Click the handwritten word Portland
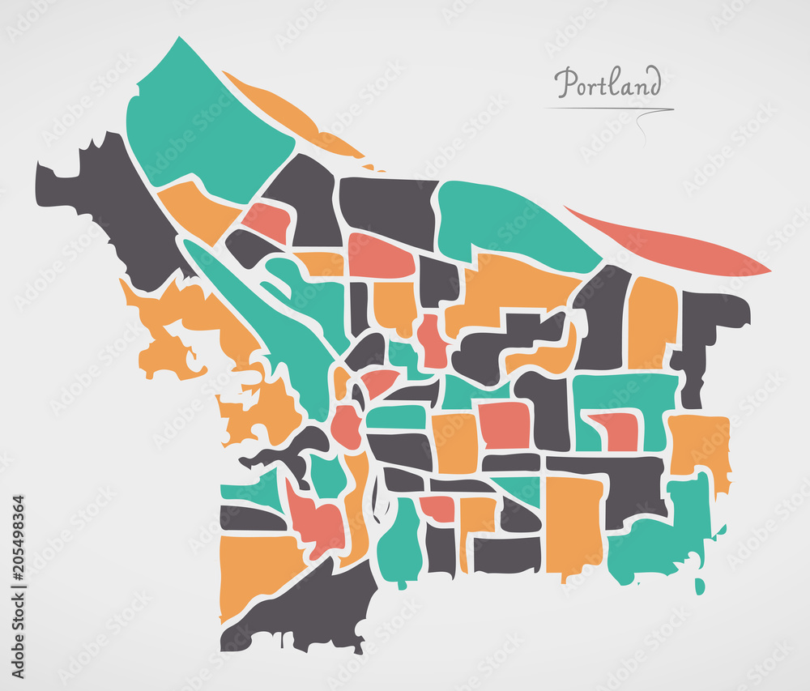[607, 83]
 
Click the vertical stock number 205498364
[18, 586]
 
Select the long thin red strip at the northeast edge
[672, 243]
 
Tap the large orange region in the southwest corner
[255, 571]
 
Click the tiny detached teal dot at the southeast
[700, 585]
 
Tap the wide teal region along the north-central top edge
[510, 223]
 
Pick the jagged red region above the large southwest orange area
[312, 518]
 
